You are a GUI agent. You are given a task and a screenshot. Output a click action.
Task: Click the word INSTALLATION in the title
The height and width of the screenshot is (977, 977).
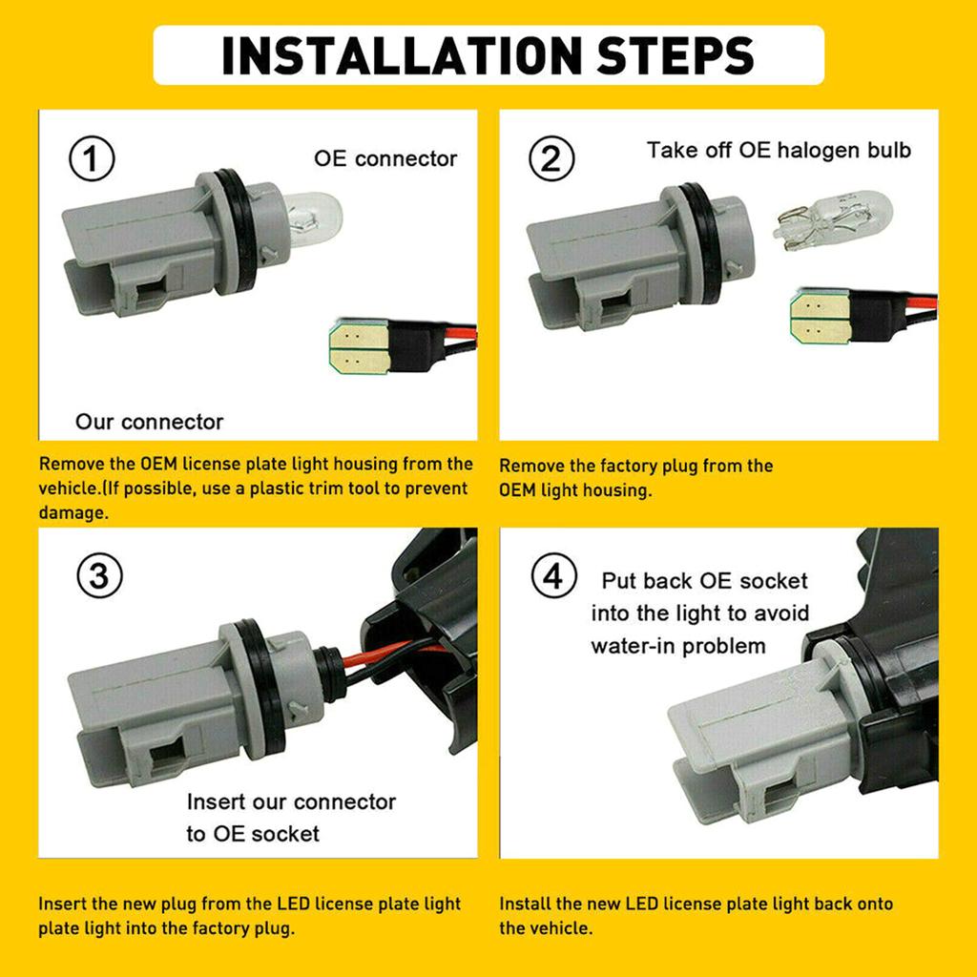point(403,55)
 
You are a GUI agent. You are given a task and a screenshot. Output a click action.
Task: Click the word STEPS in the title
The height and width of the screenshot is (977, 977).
point(676,55)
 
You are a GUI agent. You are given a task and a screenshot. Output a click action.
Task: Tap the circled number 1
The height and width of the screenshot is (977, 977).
point(92,159)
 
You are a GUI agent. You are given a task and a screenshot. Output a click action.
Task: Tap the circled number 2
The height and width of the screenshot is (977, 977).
point(551,158)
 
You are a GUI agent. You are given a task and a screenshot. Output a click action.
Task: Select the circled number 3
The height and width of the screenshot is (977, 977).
point(99,575)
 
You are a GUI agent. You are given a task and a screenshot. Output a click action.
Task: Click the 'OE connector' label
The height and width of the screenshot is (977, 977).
point(385,159)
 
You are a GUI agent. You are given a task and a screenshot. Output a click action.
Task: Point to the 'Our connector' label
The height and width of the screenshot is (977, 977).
point(149,422)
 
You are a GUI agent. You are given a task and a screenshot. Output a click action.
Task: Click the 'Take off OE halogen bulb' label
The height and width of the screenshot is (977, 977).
point(779,150)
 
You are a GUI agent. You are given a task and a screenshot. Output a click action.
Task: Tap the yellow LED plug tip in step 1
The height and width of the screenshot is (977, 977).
point(360,346)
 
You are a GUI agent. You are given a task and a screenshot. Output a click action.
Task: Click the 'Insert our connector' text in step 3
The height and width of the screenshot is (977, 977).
point(291,801)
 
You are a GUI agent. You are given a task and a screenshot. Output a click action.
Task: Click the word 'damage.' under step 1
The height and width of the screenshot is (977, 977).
point(73,512)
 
